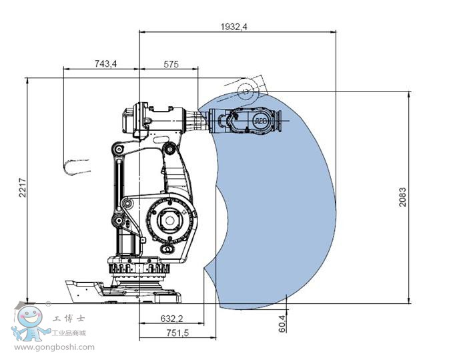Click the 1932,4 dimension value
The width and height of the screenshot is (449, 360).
(234, 27)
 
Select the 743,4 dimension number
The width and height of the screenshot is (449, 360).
(105, 63)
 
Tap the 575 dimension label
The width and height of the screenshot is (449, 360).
(171, 64)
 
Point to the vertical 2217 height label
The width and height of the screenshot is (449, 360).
(22, 188)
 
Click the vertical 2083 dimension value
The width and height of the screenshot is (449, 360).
(402, 197)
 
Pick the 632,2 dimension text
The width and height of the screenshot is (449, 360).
(171, 319)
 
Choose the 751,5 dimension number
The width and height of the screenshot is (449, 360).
(177, 333)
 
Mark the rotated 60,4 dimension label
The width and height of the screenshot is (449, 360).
(282, 323)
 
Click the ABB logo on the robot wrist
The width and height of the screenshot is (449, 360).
(261, 121)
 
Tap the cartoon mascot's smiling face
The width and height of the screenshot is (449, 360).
(30, 317)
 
